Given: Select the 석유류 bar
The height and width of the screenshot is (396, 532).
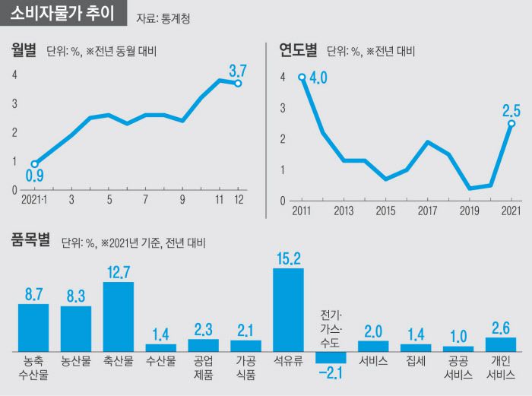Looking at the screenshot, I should (288, 309).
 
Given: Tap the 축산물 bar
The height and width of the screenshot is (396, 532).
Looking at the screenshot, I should (119, 316).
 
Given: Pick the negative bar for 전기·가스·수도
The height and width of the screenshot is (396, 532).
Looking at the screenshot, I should (331, 356).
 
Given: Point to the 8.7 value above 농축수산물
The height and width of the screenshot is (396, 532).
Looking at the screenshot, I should (33, 293).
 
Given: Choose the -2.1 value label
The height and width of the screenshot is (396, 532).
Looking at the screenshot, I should (331, 372).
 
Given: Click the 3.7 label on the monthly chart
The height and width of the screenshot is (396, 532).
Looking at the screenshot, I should (238, 71).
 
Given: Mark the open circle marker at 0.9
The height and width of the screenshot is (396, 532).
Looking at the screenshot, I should (34, 163).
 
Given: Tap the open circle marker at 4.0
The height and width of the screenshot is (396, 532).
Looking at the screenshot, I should (302, 77).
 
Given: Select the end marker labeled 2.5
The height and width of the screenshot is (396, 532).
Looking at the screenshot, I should (511, 123).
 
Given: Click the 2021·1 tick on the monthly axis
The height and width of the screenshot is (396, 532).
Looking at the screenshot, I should (33, 200).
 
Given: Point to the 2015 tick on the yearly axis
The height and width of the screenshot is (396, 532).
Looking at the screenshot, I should (385, 211).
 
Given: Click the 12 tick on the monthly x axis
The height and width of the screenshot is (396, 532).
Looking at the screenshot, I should (238, 200).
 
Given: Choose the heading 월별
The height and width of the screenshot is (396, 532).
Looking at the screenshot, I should (24, 51).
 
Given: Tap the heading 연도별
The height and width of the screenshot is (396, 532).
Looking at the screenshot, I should (298, 51).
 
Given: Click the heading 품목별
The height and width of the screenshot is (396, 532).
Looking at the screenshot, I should (30, 241).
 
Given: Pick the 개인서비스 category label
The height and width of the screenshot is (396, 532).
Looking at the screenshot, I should (501, 368).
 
